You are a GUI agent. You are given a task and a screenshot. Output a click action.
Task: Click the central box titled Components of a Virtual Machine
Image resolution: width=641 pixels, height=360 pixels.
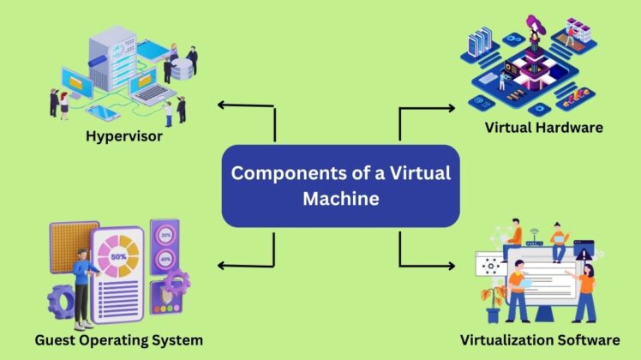(340, 185)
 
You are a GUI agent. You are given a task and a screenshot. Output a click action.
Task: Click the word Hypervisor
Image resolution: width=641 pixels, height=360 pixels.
(123, 136)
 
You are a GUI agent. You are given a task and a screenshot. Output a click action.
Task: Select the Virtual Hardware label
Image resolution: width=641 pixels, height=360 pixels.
(543, 128)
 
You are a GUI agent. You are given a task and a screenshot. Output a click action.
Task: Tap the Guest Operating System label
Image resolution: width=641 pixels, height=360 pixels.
(118, 340)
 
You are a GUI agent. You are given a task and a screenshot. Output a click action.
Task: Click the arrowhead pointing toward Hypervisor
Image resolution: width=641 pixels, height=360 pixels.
(222, 105)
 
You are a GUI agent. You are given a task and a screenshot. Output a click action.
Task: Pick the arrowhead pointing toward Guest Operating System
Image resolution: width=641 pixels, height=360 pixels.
(222, 265)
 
